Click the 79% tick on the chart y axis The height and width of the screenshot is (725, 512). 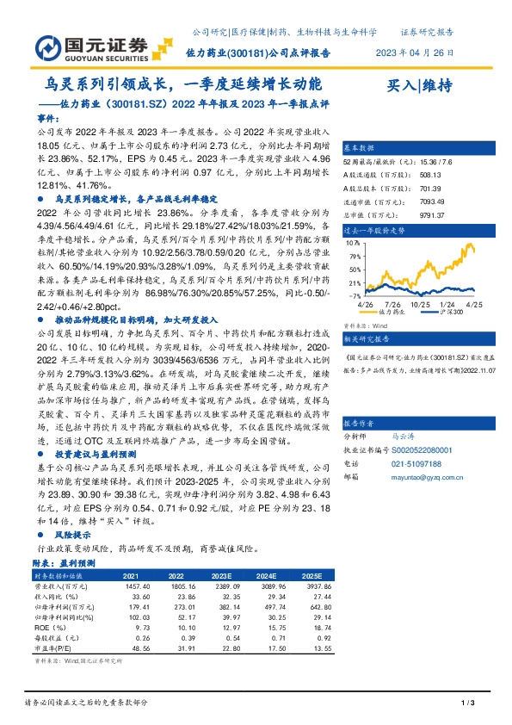point(355,245)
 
